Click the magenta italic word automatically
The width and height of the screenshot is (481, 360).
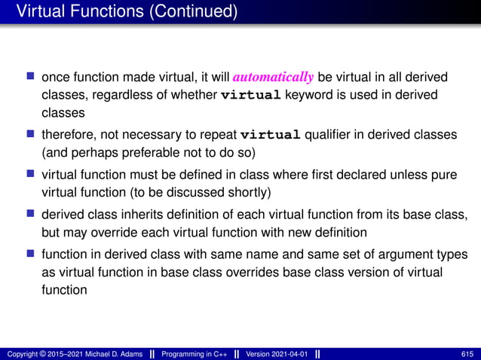pyautogui.click(x=273, y=78)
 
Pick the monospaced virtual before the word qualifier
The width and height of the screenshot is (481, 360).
pyautogui.click(x=271, y=136)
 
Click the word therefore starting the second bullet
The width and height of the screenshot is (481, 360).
pyautogui.click(x=67, y=136)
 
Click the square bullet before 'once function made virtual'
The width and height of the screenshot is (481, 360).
pyautogui.click(x=31, y=77)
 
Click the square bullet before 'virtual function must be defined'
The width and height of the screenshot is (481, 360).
pyautogui.click(x=31, y=174)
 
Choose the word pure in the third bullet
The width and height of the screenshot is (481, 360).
pyautogui.click(x=445, y=174)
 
